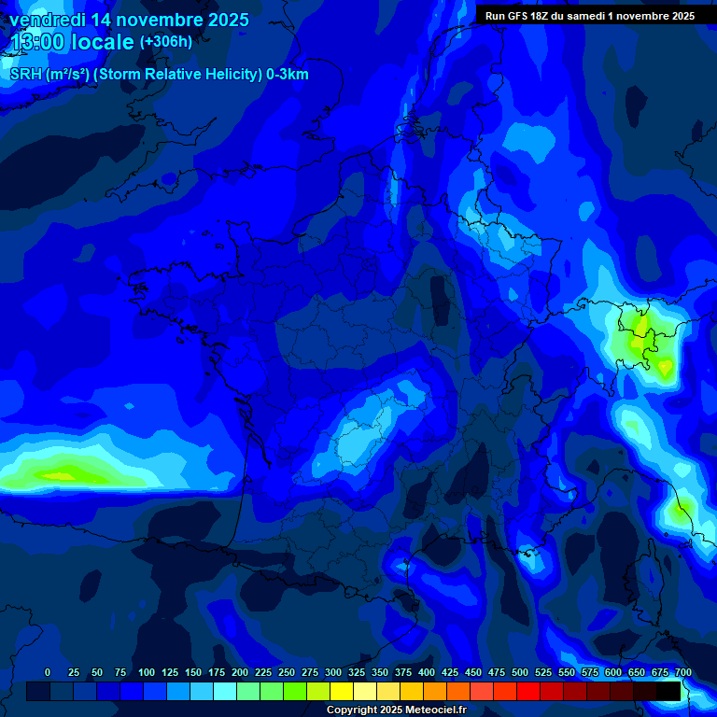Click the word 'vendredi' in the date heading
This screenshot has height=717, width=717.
point(48,20)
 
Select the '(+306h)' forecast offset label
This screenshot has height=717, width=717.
point(165,42)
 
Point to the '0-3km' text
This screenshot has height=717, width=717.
point(288,75)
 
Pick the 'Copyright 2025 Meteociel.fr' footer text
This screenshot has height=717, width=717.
point(396,710)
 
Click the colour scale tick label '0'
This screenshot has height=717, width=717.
point(48,672)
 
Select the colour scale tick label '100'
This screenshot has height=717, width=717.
point(147,672)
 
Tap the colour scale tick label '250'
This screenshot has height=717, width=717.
point(287,672)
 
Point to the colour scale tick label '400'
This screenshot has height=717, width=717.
point(427,672)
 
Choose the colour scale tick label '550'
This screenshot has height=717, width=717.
point(567,672)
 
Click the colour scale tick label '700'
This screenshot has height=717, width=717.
point(682,672)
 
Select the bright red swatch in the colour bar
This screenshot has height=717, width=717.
point(528,691)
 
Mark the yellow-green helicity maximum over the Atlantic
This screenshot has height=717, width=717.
point(65,475)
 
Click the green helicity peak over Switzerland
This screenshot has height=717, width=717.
point(640,327)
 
